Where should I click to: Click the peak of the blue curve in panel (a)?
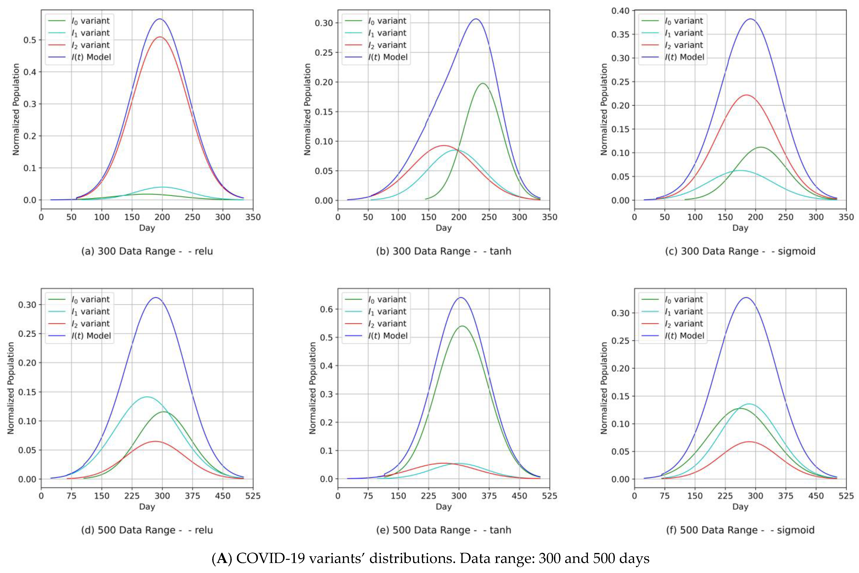click(160, 19)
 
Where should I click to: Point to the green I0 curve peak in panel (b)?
click(483, 84)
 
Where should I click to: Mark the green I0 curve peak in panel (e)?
click(462, 326)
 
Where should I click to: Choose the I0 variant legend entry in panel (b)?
click(387, 21)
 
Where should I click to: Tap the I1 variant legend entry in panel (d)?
click(91, 312)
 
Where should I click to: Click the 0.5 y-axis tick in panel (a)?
click(30, 40)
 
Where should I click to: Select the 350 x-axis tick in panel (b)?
click(549, 217)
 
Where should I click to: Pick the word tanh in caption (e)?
click(500, 530)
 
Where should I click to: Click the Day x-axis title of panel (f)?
click(740, 507)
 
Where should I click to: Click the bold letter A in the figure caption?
click(221, 559)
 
